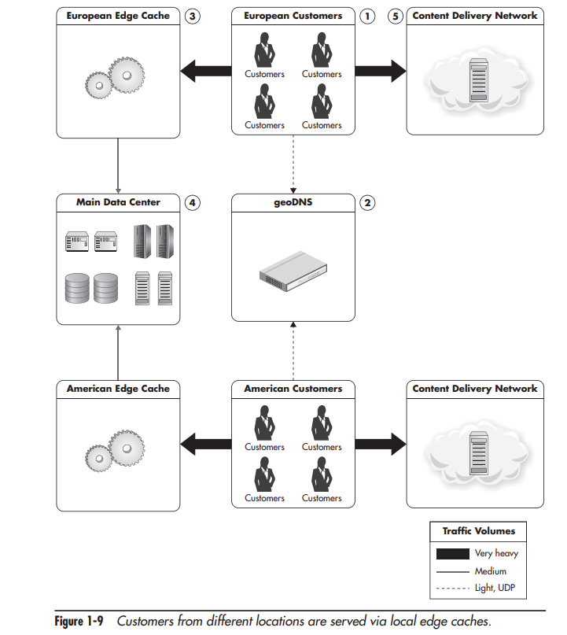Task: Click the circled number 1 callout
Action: tap(366, 16)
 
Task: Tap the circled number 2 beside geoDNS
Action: tap(366, 202)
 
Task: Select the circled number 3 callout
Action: tap(192, 16)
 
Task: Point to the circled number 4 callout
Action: tap(192, 202)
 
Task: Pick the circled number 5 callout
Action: tap(396, 16)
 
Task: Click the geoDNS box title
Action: tap(293, 202)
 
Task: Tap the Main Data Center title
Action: tap(118, 202)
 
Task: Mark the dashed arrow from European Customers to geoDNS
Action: tap(293, 164)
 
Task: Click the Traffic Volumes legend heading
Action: tap(480, 531)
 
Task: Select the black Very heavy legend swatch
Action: tap(452, 553)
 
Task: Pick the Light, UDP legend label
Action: tap(495, 588)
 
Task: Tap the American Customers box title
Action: tap(293, 389)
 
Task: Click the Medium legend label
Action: tap(491, 571)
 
